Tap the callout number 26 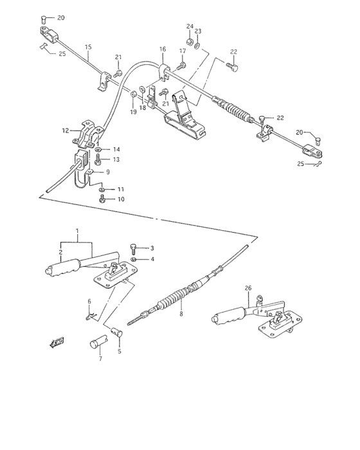tap(249, 288)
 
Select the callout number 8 tap(181, 314)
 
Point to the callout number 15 tap(88, 46)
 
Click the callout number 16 tap(162, 49)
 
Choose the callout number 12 tap(65, 130)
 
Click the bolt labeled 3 tap(133, 247)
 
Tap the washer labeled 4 tap(134, 258)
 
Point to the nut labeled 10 tap(102, 199)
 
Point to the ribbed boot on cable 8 tap(172, 301)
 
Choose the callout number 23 tap(198, 46)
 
